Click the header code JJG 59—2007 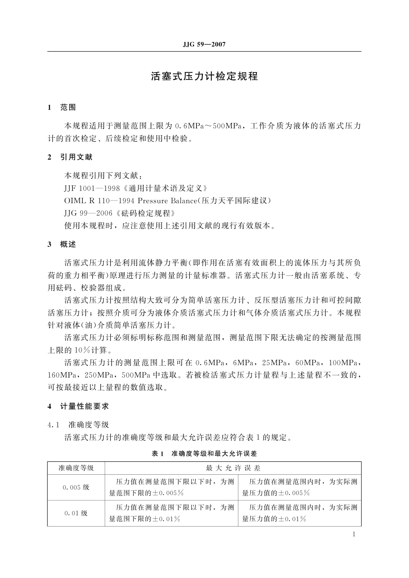click(204, 45)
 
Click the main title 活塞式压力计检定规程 click(204, 76)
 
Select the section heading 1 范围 click(62, 107)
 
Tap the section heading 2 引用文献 click(70, 157)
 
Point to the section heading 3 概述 click(62, 244)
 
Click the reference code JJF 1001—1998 click(92, 188)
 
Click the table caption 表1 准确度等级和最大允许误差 click(204, 453)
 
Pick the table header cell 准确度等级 click(76, 468)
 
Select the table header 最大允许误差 click(233, 468)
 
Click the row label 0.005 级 click(76, 487)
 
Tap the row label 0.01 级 click(76, 513)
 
